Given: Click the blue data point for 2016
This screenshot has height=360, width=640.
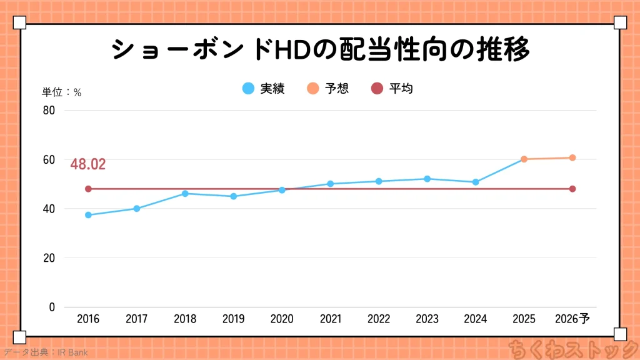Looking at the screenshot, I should click(x=88, y=215).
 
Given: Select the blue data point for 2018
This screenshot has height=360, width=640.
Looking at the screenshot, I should click(x=185, y=194).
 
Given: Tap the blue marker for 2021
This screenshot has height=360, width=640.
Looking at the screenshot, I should click(x=331, y=184).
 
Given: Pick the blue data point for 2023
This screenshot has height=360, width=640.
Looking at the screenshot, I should click(x=427, y=179).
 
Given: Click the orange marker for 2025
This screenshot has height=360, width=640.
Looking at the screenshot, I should click(x=524, y=159).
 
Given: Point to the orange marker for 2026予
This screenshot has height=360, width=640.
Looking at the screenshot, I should click(x=572, y=157).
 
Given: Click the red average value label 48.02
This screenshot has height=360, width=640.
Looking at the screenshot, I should click(x=88, y=165).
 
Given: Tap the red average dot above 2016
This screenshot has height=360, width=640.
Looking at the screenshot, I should click(x=88, y=189).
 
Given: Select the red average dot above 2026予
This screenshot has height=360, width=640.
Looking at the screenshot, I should click(x=572, y=189).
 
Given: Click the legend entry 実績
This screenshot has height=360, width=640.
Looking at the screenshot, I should click(x=263, y=89).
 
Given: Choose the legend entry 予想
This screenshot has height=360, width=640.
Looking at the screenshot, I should click(x=327, y=89).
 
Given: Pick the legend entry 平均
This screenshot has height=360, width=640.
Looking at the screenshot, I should click(x=392, y=89).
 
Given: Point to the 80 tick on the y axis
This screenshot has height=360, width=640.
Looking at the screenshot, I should click(x=49, y=111).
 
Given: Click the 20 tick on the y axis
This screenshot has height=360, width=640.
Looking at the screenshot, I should click(x=49, y=258).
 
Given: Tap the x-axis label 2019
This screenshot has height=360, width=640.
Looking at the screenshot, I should click(x=233, y=319).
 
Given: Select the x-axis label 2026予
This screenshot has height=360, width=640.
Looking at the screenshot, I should click(x=572, y=319).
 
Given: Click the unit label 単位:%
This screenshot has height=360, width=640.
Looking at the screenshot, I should click(x=62, y=92).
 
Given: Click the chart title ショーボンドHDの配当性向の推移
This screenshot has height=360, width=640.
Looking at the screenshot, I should click(x=321, y=49).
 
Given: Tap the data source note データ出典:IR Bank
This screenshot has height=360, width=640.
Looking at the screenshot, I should click(x=45, y=352).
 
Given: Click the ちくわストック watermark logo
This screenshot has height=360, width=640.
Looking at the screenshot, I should click(x=571, y=348).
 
